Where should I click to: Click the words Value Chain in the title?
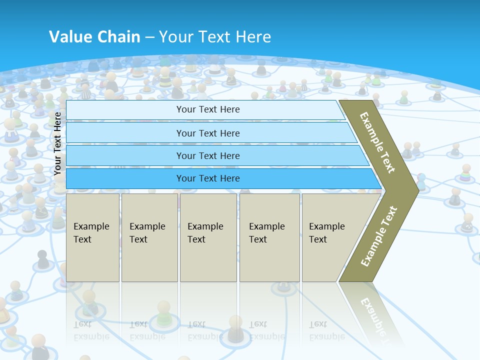coord(94,36)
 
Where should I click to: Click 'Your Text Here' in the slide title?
coord(215,36)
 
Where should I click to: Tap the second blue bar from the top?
coord(207,133)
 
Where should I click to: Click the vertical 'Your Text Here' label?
coord(57,143)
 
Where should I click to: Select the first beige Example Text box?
coord(92,237)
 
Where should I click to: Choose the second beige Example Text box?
coord(149,237)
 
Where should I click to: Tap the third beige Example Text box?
coord(208,237)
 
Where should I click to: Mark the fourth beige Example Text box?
coord(269,237)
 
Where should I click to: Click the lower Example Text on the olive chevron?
coord(379,236)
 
